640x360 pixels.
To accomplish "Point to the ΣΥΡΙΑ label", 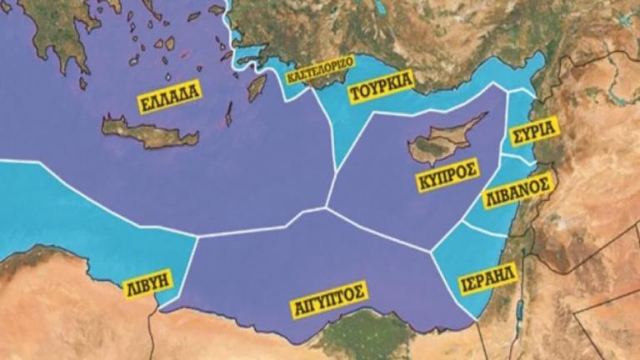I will [534, 133].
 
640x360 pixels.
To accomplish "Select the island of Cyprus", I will [442, 142].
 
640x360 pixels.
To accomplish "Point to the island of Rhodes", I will [257, 87].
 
